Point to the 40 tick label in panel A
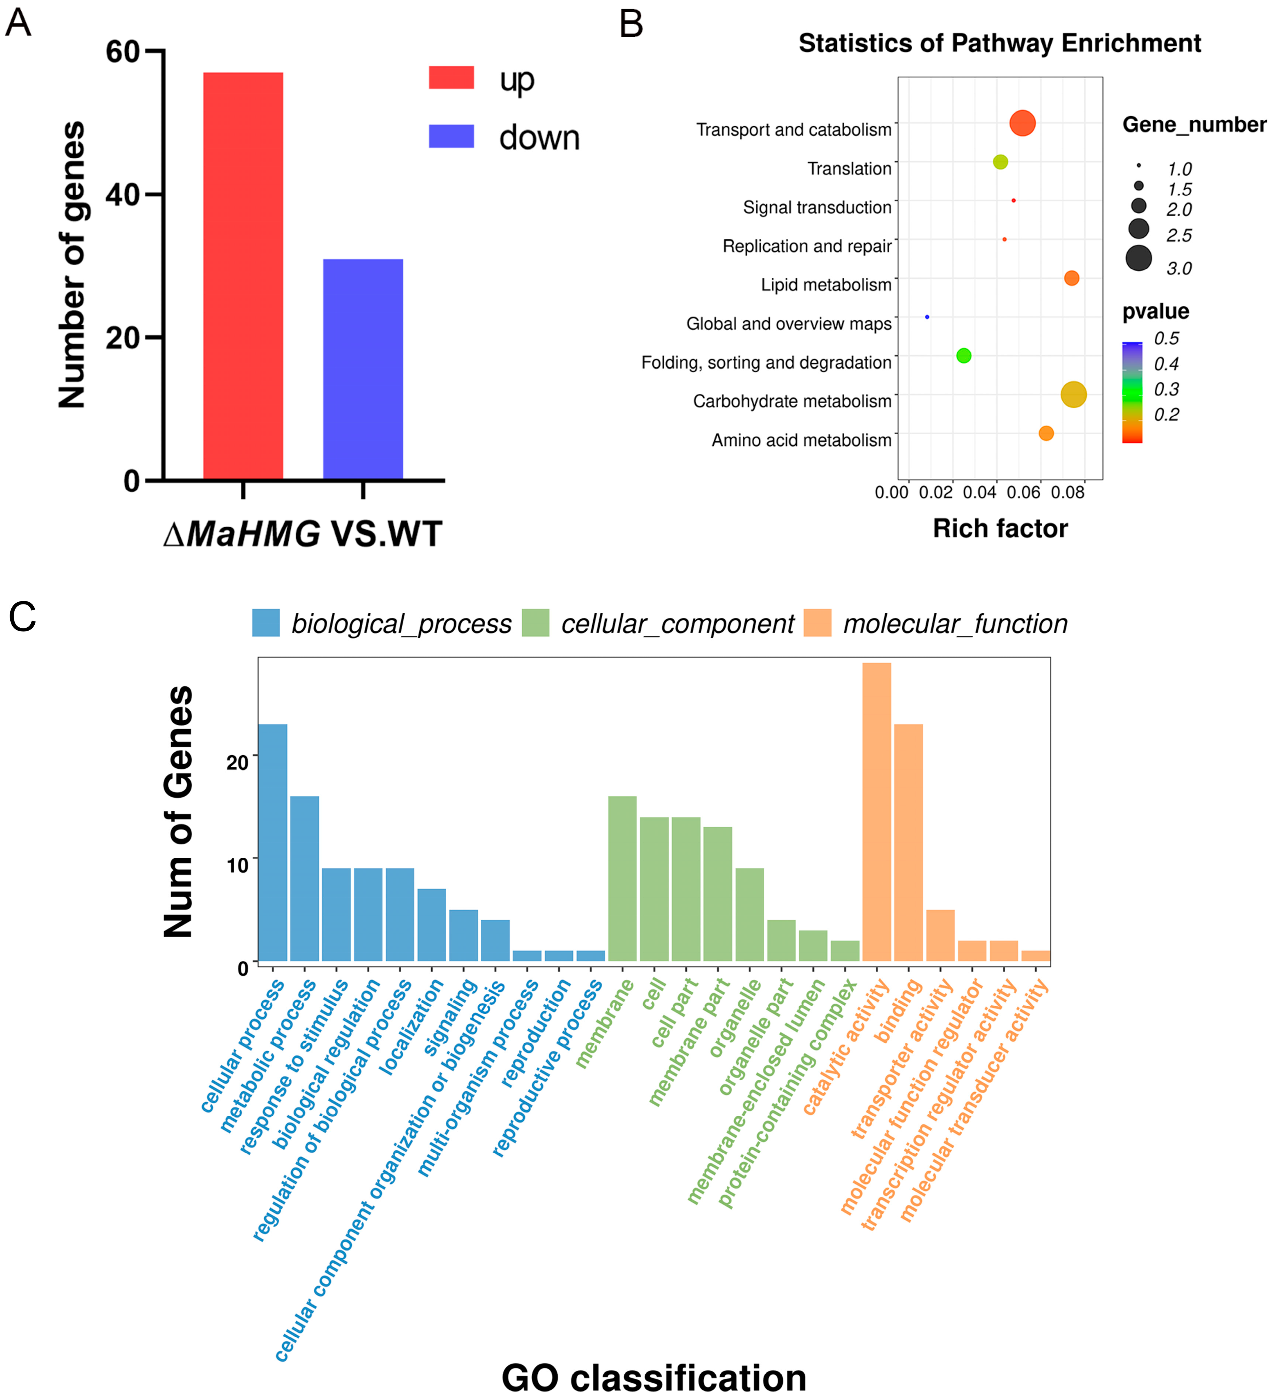tap(123, 195)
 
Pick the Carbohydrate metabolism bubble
tap(1073, 394)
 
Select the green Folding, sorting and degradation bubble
tap(963, 356)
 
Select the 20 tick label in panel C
tap(238, 762)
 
